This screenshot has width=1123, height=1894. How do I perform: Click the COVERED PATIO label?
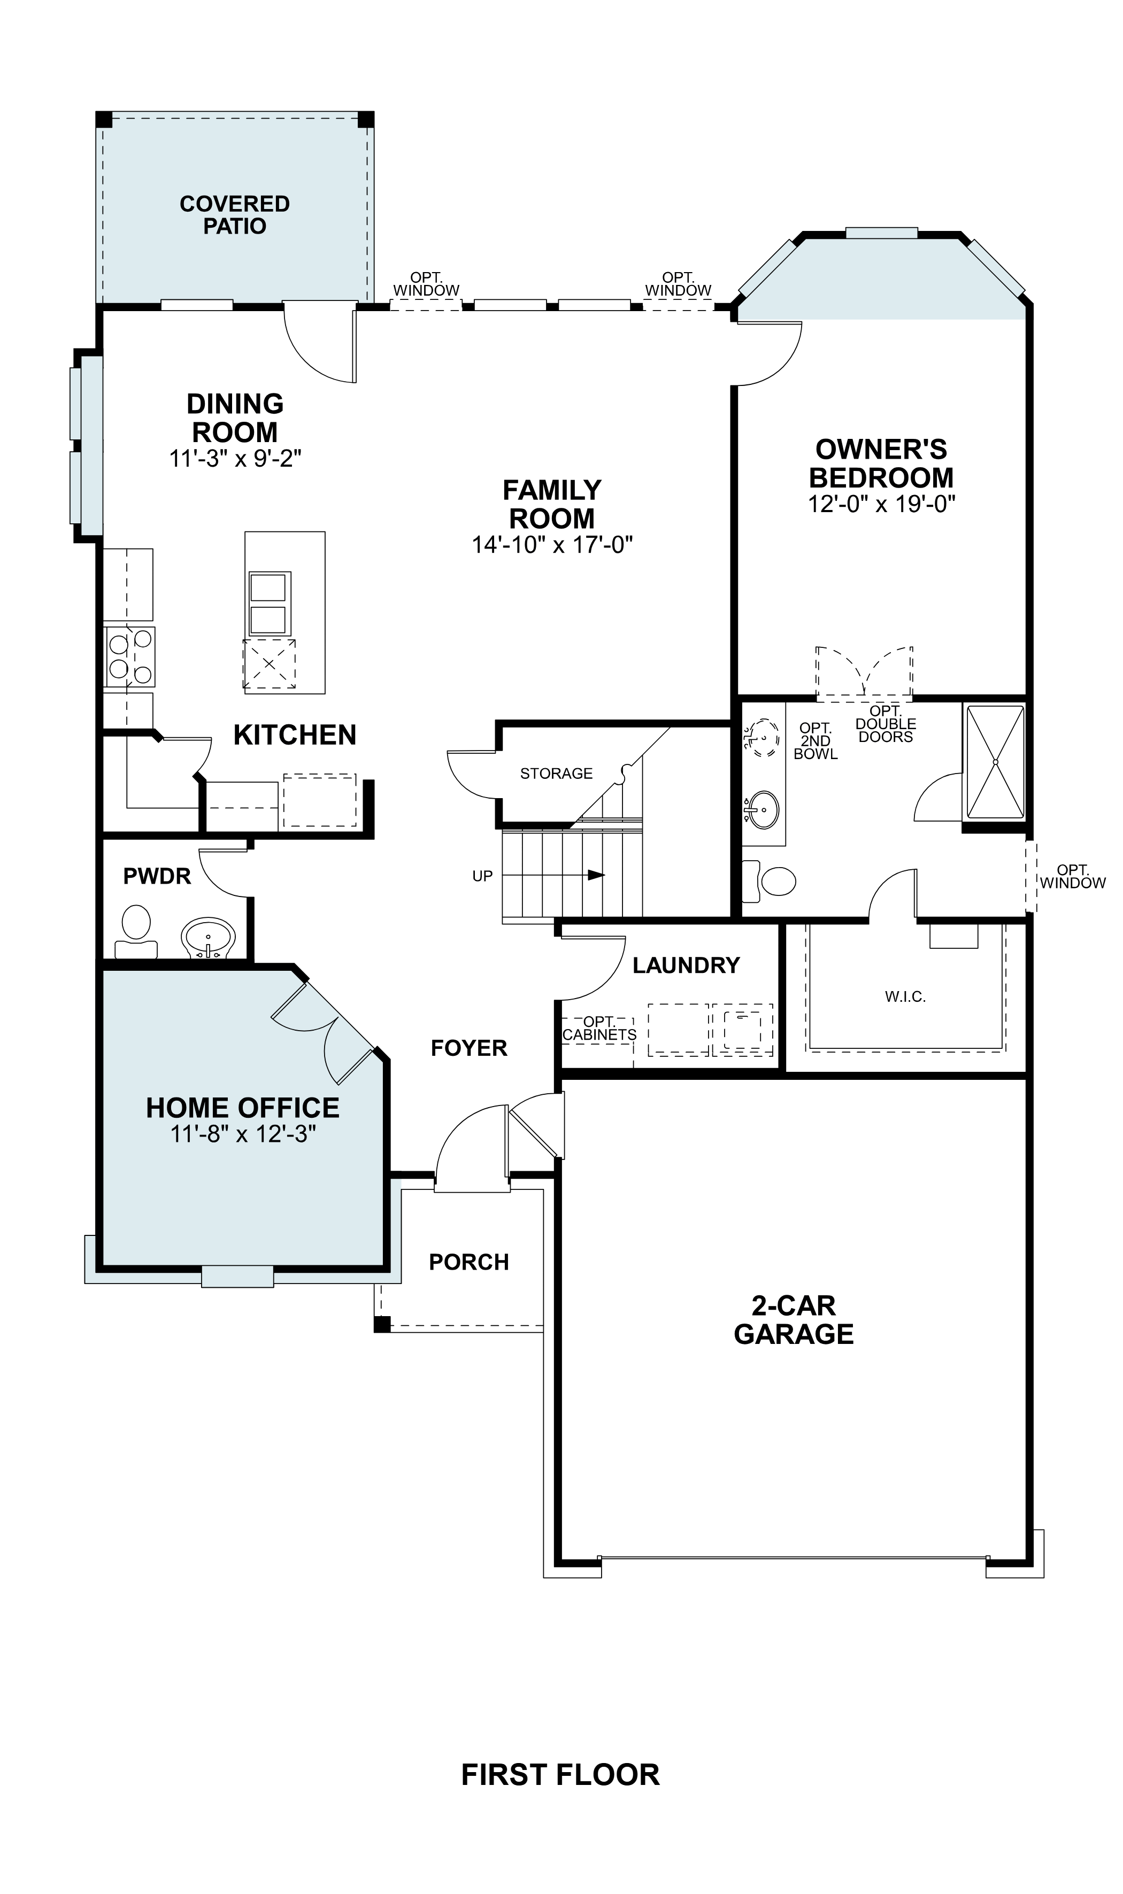235,215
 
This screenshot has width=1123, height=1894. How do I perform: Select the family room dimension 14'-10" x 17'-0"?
552,545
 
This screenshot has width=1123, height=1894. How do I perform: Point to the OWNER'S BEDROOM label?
881,463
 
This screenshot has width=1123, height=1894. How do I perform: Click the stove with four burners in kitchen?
130,656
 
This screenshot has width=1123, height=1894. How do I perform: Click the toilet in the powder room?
136,930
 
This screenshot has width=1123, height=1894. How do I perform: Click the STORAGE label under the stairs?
556,773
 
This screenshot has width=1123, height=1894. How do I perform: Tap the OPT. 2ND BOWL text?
816,741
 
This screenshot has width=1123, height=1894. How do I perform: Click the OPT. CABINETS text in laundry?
599,1029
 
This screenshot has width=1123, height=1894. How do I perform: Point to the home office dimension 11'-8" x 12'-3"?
242,1134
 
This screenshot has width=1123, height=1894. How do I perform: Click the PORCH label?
468,1262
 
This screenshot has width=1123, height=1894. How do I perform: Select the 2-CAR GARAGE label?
793,1319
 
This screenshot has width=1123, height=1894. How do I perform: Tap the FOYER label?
468,1048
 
